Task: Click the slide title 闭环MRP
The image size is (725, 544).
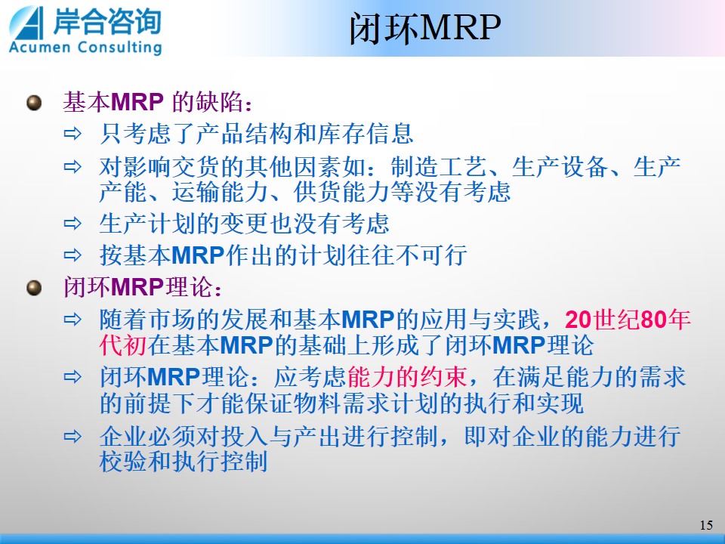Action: tap(424, 28)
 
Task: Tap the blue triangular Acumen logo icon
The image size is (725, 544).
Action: tap(26, 23)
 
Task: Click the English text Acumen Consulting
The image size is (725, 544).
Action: tap(85, 47)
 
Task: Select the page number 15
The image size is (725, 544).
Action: tap(706, 525)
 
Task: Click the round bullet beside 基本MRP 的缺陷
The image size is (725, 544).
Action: tap(34, 102)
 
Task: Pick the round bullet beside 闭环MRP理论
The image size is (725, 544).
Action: tap(34, 287)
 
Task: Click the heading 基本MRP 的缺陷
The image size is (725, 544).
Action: tap(158, 102)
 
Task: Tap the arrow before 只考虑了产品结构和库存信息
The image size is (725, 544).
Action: tap(72, 134)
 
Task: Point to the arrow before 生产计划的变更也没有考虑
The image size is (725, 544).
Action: tap(72, 224)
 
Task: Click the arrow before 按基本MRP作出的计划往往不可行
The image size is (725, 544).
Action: tap(72, 255)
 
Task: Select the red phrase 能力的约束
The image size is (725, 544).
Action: tap(407, 376)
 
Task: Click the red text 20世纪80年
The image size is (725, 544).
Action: tap(628, 319)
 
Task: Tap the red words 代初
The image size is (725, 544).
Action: tap(123, 345)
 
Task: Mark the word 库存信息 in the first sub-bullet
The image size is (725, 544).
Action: tap(366, 134)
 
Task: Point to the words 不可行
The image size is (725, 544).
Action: tap(431, 255)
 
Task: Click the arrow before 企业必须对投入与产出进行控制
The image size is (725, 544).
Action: tap(72, 436)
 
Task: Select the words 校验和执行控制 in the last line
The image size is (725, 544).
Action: tap(184, 461)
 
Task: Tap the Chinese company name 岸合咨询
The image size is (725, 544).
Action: tap(106, 21)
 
